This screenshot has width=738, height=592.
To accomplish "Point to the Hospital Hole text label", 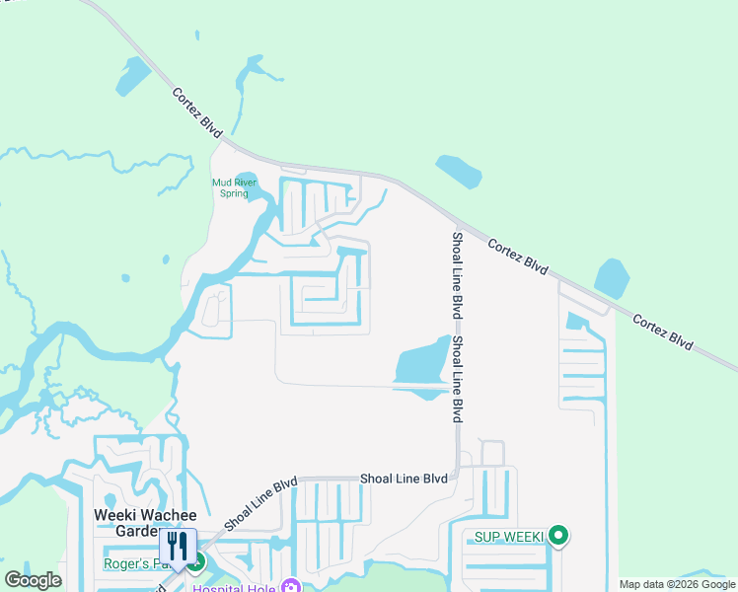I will [236, 588].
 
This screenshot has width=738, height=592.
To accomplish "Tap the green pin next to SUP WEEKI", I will [558, 536].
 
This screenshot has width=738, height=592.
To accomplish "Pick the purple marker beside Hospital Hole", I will [290, 586].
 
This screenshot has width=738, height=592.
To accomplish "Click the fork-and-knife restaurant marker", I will [178, 547].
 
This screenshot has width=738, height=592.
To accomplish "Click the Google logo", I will [33, 580].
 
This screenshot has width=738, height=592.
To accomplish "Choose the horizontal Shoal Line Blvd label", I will [404, 479].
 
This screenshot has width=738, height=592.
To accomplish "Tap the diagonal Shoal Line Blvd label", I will [260, 505].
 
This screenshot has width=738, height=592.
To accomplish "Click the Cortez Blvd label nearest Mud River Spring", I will [197, 111].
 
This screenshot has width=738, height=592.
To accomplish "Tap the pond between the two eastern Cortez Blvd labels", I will [612, 278].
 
